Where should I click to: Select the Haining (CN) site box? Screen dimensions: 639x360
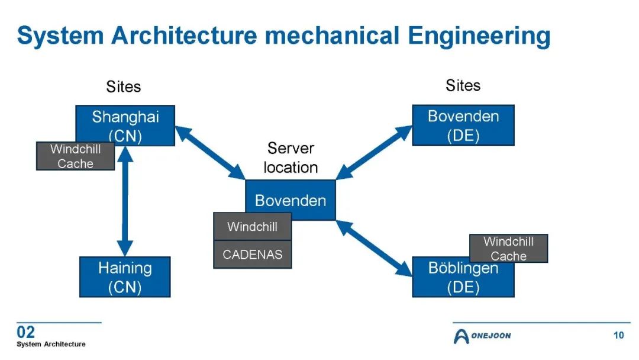click(125, 277)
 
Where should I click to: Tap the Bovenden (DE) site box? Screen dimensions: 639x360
click(463, 125)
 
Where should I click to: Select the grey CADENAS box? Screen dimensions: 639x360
click(253, 255)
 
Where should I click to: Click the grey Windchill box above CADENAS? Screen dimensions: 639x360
click(253, 226)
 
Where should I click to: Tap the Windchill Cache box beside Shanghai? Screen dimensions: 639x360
click(75, 156)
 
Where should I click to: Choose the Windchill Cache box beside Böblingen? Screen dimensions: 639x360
click(509, 248)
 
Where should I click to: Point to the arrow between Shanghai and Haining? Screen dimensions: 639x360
click(125, 201)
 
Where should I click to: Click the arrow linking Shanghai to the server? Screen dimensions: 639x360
click(210, 153)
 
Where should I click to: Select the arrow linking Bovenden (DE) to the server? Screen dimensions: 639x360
click(374, 153)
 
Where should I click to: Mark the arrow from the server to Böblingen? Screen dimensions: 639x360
click(374, 249)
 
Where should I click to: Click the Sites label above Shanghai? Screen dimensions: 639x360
click(124, 86)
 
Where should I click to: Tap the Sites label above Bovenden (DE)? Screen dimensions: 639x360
click(463, 85)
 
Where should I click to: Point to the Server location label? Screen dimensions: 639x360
click(291, 157)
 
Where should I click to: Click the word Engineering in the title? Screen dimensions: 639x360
click(479, 36)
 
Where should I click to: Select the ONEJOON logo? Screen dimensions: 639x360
click(482, 336)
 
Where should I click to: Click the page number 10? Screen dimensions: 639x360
click(619, 335)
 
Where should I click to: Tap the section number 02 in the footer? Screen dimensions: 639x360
click(25, 332)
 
